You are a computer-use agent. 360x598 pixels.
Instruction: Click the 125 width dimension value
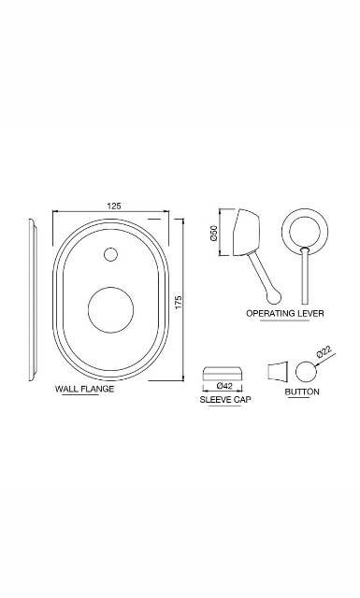(x=113, y=206)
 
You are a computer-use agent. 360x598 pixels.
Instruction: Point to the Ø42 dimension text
(x=224, y=385)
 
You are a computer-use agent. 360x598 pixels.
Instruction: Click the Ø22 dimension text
(x=324, y=352)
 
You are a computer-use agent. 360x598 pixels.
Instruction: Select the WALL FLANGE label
(x=85, y=388)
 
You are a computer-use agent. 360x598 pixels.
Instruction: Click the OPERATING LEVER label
(x=285, y=313)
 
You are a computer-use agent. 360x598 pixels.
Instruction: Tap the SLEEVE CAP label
(x=224, y=400)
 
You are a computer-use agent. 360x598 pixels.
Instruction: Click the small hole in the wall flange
(x=112, y=253)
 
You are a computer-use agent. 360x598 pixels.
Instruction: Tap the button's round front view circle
(x=307, y=369)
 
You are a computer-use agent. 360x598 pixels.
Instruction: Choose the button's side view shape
(x=278, y=369)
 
